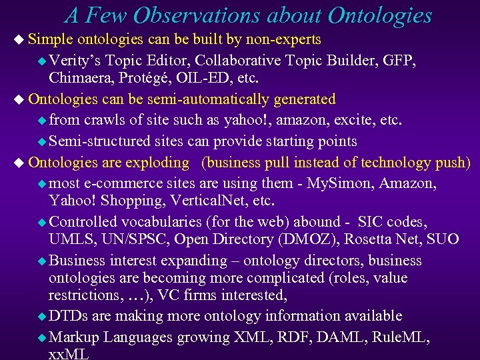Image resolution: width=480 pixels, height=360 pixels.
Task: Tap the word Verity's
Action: click(x=75, y=61)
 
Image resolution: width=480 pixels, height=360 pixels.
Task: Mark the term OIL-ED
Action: click(x=201, y=77)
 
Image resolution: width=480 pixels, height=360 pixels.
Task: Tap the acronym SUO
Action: click(x=443, y=239)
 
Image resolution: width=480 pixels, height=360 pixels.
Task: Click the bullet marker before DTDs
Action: click(x=41, y=317)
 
